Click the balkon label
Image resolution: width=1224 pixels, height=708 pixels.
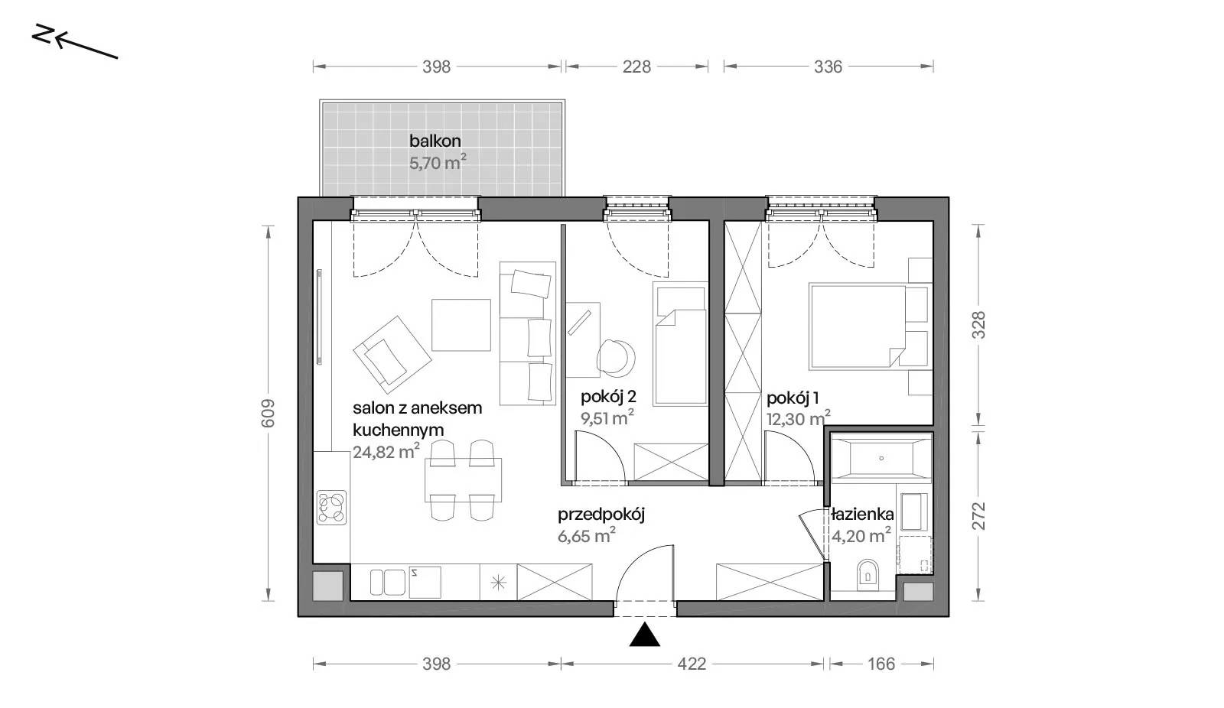pyautogui.click(x=435, y=141)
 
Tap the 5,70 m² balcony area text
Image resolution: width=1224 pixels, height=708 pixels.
pyautogui.click(x=438, y=162)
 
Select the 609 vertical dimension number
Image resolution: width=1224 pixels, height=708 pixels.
pyautogui.click(x=268, y=413)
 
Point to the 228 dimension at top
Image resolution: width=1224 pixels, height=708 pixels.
pyautogui.click(x=636, y=67)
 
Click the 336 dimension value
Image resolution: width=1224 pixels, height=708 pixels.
pyautogui.click(x=828, y=67)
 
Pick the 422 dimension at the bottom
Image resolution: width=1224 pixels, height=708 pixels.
pyautogui.click(x=692, y=664)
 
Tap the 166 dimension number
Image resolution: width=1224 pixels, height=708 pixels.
pyautogui.click(x=881, y=664)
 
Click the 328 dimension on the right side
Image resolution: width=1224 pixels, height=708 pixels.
pyautogui.click(x=978, y=325)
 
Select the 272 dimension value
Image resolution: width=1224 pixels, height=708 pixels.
pyautogui.click(x=978, y=515)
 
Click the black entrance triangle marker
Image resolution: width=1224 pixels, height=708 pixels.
pyautogui.click(x=645, y=635)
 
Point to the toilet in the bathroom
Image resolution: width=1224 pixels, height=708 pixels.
pyautogui.click(x=868, y=574)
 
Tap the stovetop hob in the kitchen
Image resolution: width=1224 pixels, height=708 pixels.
pyautogui.click(x=331, y=508)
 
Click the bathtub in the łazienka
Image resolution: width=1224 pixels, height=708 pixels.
pyautogui.click(x=881, y=458)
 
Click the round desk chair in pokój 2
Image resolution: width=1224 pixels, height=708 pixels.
pyautogui.click(x=617, y=357)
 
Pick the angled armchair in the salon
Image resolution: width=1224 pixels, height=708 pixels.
pyautogui.click(x=392, y=355)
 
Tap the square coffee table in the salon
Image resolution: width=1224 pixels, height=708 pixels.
pyautogui.click(x=461, y=325)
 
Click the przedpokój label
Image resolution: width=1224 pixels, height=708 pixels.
pyautogui.click(x=601, y=514)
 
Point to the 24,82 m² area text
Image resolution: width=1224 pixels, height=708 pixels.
pyautogui.click(x=386, y=451)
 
